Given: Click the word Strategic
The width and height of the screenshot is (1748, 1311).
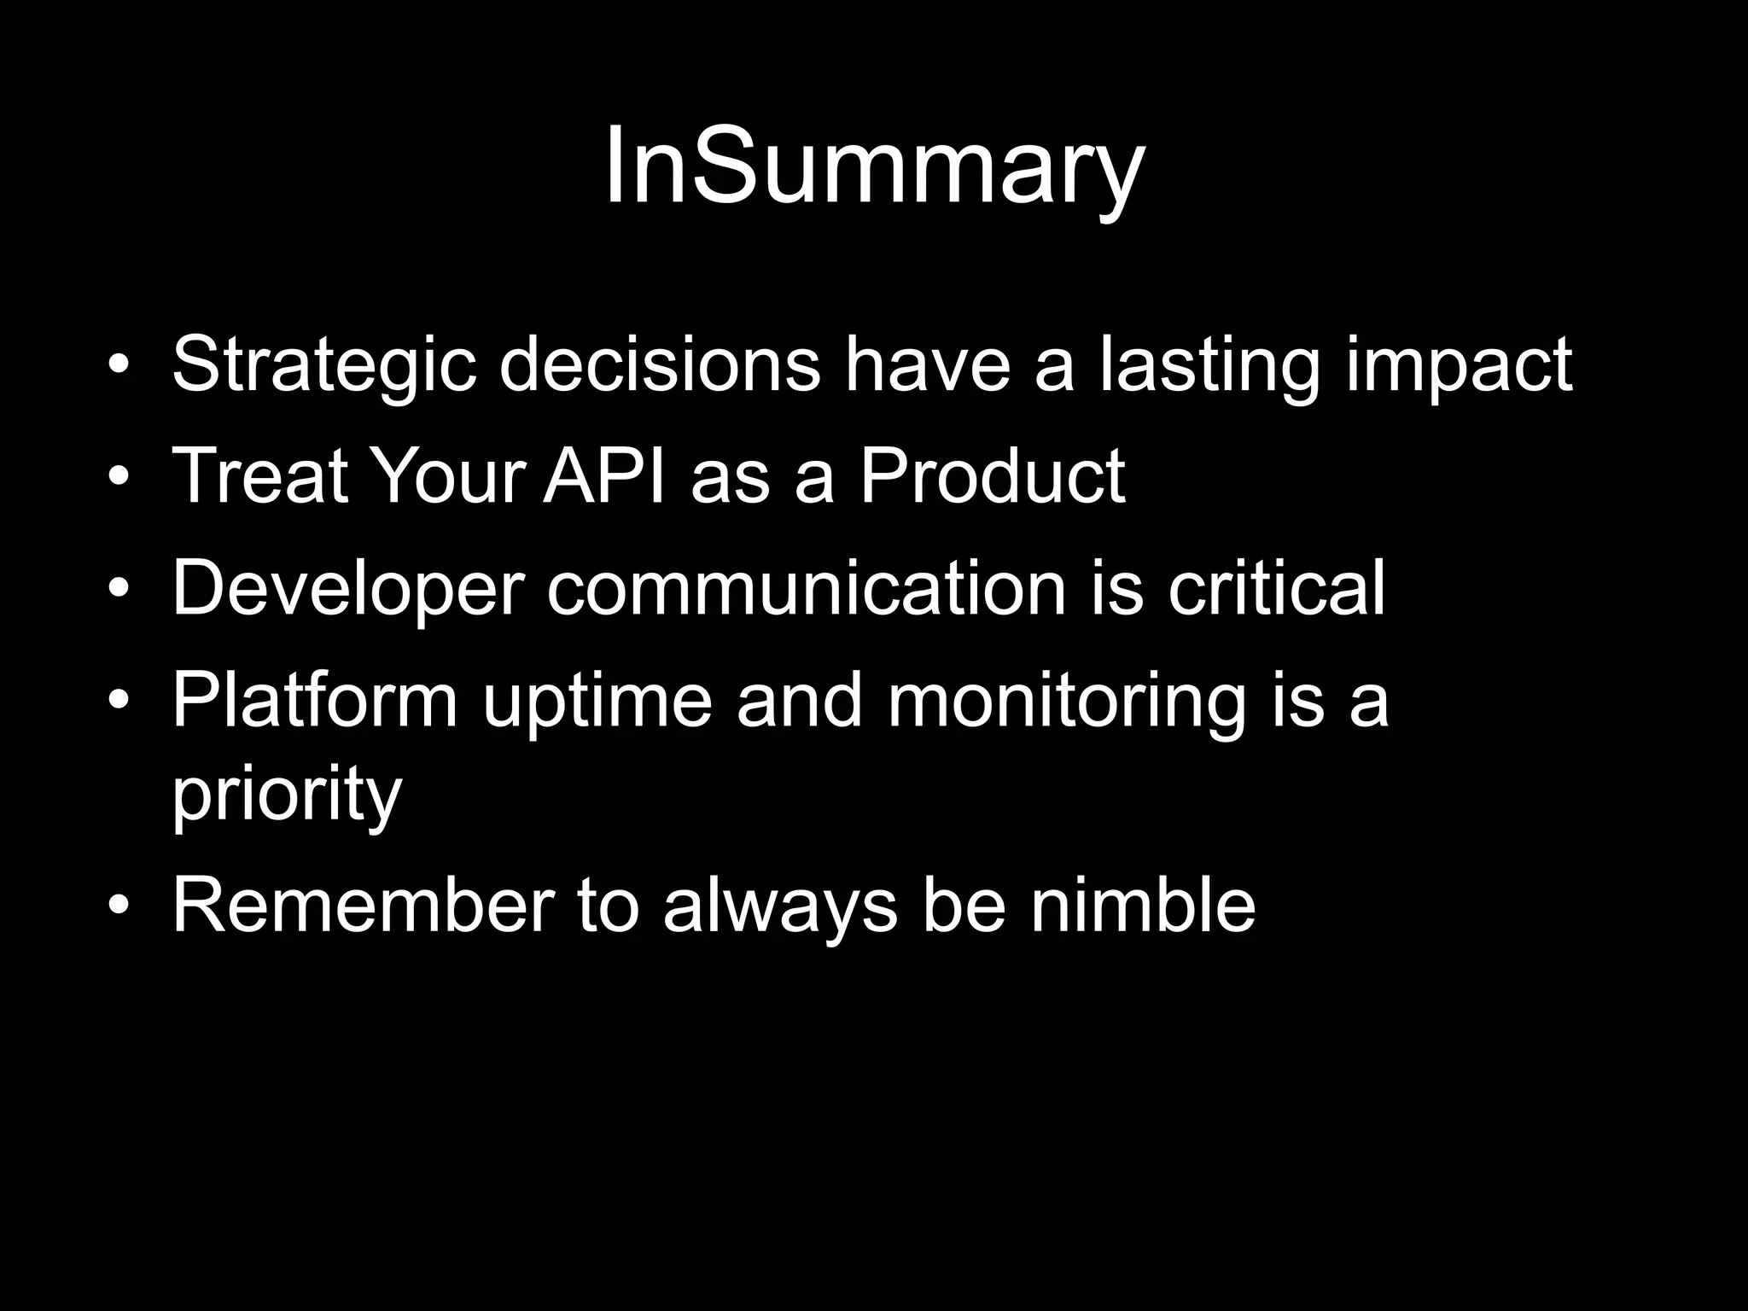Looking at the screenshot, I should pyautogui.click(x=323, y=365).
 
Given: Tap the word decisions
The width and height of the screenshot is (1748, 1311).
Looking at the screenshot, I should pyautogui.click(x=659, y=365).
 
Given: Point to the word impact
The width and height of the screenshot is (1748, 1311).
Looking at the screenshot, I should pyautogui.click(x=1459, y=365).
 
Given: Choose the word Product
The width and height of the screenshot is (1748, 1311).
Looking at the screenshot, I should pyautogui.click(x=992, y=476).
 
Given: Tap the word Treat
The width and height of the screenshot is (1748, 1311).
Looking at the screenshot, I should pyautogui.click(x=261, y=476).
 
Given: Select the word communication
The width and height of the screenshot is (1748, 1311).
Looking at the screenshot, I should pyautogui.click(x=807, y=589).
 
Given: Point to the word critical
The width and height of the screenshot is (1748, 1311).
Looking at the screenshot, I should pyautogui.click(x=1276, y=589).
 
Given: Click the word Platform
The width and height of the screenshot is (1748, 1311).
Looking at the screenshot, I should pyautogui.click(x=315, y=702).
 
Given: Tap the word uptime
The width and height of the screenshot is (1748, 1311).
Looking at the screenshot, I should pyautogui.click(x=597, y=702).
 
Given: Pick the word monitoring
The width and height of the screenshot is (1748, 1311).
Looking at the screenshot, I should pyautogui.click(x=1066, y=702).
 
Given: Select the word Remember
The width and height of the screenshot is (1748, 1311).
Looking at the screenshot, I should pyautogui.click(x=364, y=906).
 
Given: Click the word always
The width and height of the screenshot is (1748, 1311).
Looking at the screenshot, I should pyautogui.click(x=780, y=906).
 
